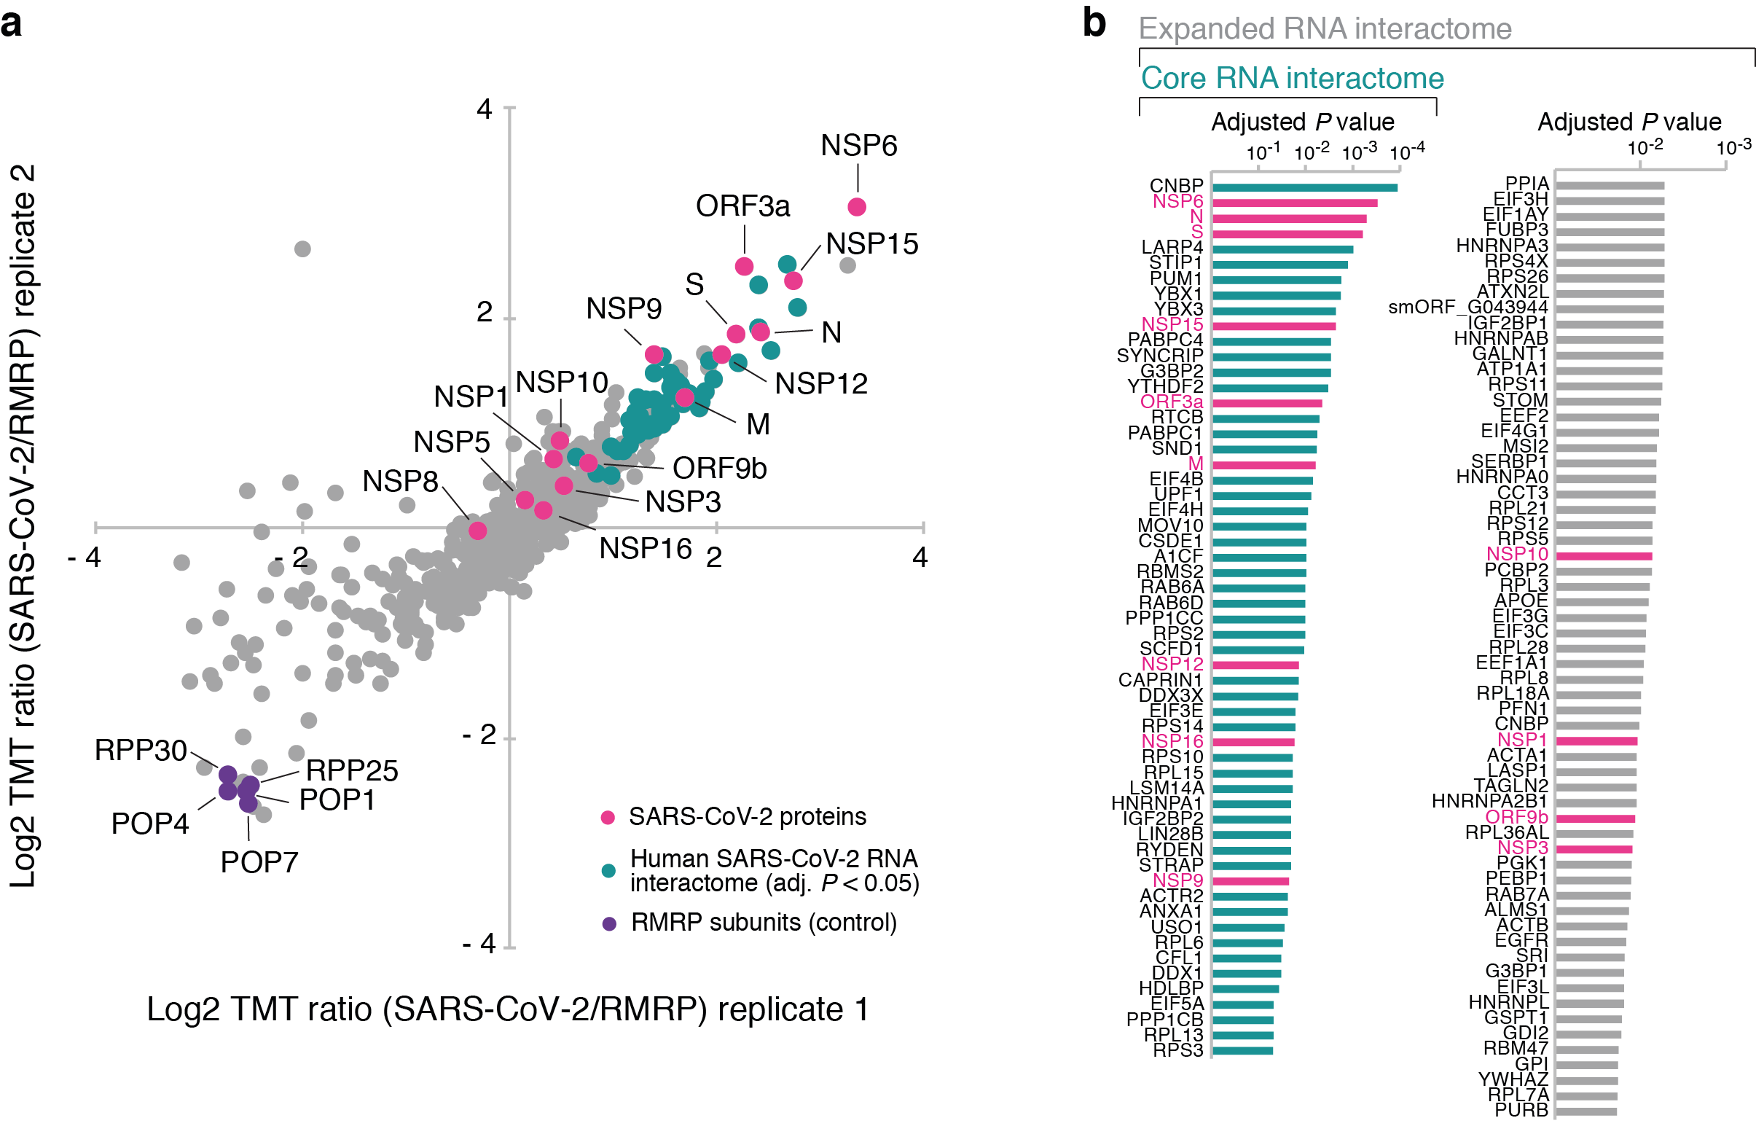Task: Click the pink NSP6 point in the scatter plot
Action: [856, 207]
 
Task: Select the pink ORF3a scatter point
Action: [743, 266]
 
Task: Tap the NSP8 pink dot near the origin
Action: [477, 530]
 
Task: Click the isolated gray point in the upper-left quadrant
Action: [302, 249]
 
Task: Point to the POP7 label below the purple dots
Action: [259, 862]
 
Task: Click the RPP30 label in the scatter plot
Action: [141, 750]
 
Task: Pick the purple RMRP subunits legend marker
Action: [608, 923]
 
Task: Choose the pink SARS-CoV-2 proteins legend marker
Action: [608, 818]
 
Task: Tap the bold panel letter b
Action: [1094, 23]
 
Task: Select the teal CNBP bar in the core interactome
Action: [1305, 188]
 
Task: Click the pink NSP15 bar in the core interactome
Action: [1274, 326]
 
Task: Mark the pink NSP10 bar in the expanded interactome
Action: [1603, 555]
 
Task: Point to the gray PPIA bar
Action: [1610, 186]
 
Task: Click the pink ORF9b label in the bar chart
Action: [1516, 817]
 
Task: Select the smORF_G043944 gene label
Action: [1467, 307]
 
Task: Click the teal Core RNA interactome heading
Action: [1292, 78]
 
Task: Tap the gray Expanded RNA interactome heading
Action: [1325, 29]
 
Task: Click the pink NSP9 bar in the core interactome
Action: [1250, 881]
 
